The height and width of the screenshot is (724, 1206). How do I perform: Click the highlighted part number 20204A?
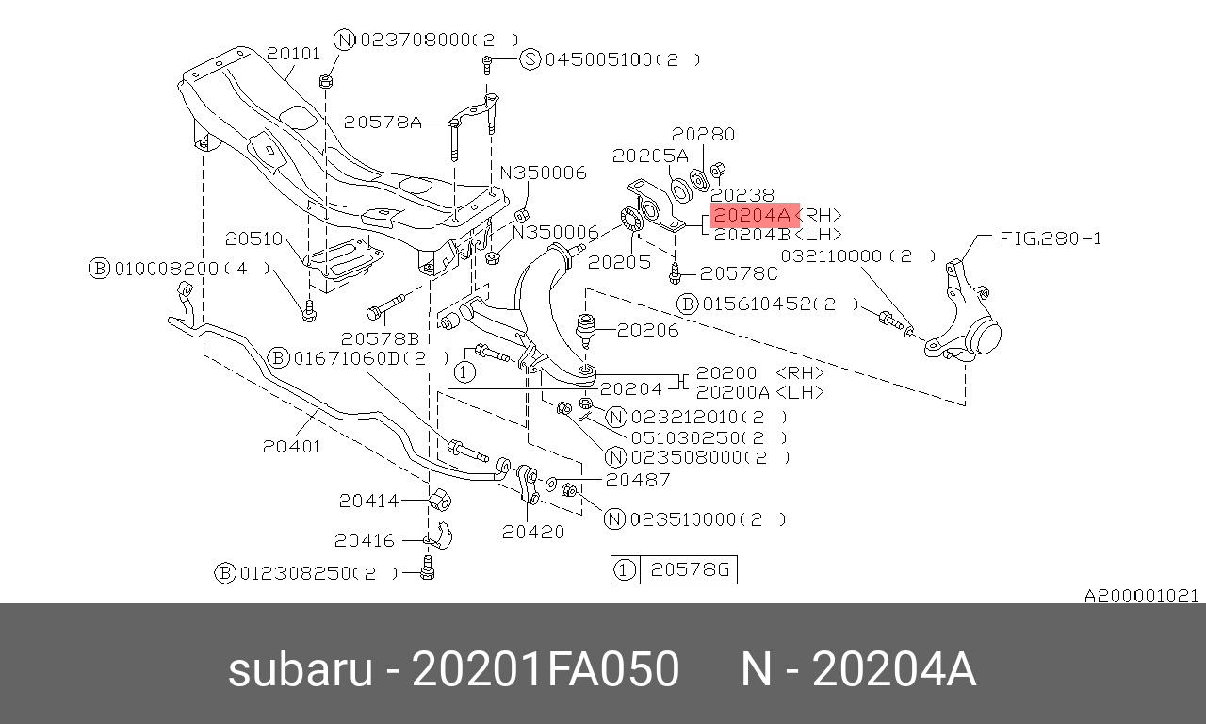click(x=752, y=216)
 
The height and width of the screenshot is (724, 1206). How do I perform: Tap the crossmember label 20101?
click(x=293, y=54)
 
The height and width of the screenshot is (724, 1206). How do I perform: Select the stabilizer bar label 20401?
click(x=292, y=446)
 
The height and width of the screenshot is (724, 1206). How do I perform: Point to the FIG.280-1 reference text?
click(x=1051, y=239)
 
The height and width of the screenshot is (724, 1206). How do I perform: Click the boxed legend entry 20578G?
click(x=690, y=569)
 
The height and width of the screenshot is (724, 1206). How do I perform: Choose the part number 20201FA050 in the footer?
click(x=545, y=669)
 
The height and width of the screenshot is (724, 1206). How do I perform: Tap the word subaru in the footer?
click(x=301, y=669)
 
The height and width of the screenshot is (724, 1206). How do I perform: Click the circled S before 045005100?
click(x=530, y=58)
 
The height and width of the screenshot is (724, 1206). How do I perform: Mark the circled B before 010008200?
click(x=99, y=269)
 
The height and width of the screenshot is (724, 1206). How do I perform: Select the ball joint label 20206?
click(x=647, y=330)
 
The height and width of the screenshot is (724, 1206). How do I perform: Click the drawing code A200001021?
click(x=1141, y=596)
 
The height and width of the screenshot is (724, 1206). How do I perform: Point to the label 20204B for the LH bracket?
click(x=752, y=235)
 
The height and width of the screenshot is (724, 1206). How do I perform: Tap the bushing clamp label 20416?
click(x=365, y=540)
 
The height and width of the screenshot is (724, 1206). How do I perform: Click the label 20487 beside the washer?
click(x=638, y=480)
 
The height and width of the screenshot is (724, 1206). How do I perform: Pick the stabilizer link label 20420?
click(x=533, y=532)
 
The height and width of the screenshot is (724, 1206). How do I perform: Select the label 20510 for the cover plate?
click(x=253, y=239)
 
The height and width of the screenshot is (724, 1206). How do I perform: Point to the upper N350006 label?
click(x=544, y=173)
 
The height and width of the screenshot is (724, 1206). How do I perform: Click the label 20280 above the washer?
click(x=703, y=134)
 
